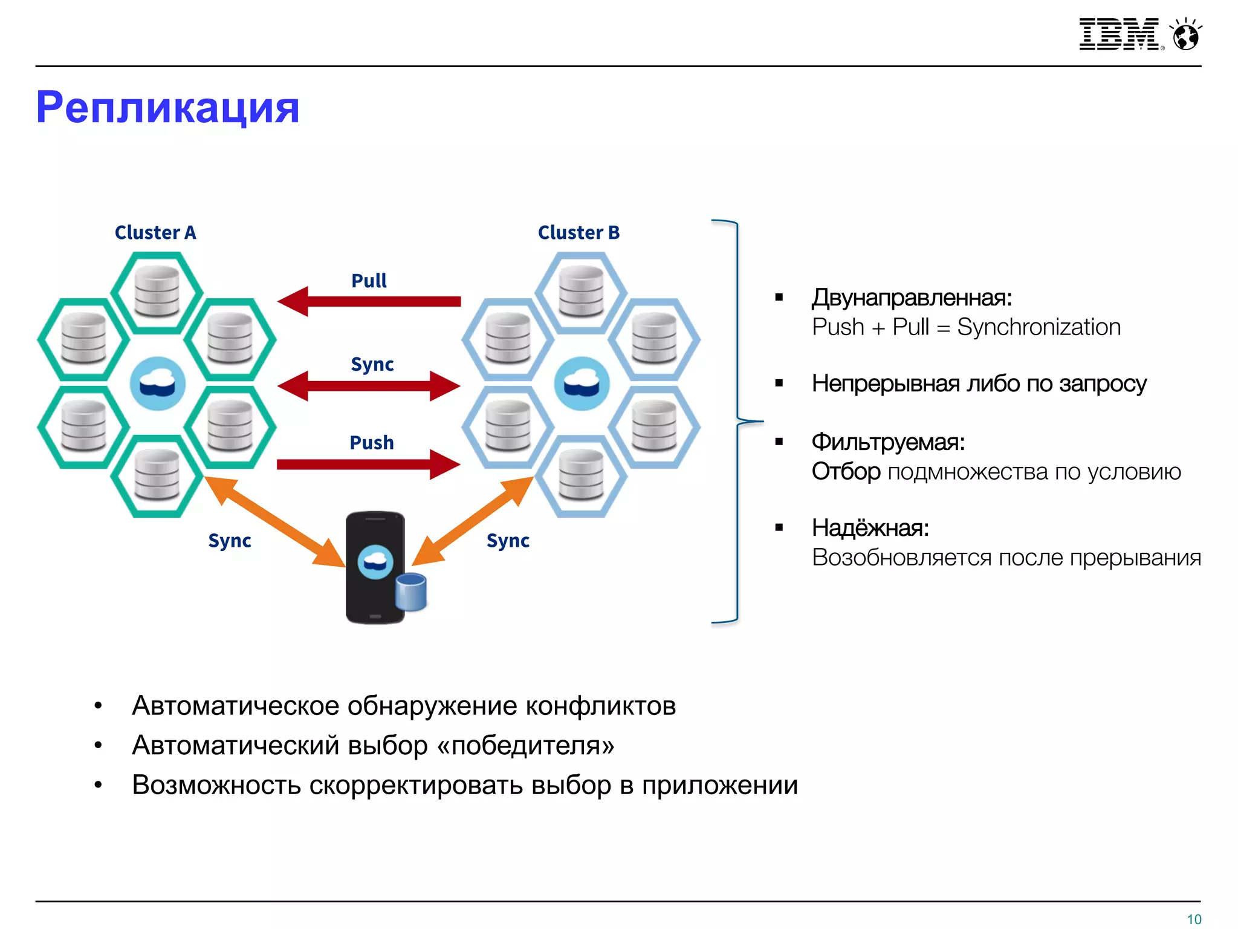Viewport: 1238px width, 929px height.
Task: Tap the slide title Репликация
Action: click(167, 108)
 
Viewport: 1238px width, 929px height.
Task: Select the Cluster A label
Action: click(155, 232)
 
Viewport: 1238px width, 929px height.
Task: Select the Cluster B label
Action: click(578, 232)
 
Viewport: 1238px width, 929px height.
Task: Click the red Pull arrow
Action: click(369, 301)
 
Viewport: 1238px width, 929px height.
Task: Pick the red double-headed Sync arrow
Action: click(369, 386)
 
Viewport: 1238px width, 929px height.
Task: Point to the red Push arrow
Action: click(369, 464)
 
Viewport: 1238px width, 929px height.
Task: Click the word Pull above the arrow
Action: click(369, 281)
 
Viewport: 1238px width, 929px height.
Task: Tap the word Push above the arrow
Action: click(371, 443)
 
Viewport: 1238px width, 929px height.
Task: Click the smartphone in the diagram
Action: click(375, 567)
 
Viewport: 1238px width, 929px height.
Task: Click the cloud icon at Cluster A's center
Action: click(157, 383)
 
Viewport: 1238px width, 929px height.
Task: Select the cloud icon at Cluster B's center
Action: click(582, 383)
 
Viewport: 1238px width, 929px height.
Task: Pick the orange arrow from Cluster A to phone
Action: click(275, 521)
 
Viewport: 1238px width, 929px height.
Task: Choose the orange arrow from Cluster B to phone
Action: click(473, 521)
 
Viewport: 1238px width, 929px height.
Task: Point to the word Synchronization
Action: click(1039, 327)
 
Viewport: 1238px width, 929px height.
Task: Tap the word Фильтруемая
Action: click(887, 442)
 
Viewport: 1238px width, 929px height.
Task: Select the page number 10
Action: click(1194, 919)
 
